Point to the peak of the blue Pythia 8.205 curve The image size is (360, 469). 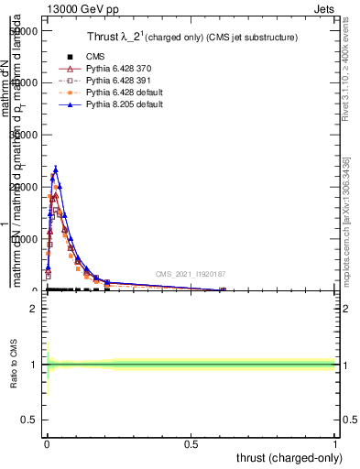tap(56, 169)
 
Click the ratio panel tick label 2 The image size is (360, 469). tap(33, 308)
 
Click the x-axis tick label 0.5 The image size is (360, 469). tap(191, 444)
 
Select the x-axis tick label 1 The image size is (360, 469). tap(335, 444)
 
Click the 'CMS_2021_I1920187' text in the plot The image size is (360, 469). tap(191, 273)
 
